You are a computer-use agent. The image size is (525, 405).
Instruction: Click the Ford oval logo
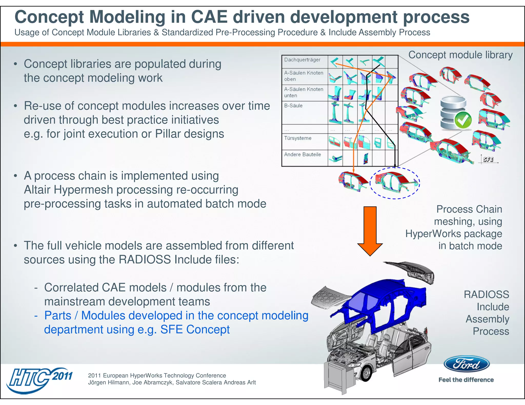tap(466, 364)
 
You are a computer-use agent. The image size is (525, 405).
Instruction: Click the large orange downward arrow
tap(370, 230)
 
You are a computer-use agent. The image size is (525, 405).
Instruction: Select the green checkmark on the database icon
tap(463, 120)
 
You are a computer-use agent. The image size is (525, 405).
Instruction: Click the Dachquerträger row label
tap(302, 60)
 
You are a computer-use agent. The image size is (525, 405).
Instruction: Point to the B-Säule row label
tap(293, 106)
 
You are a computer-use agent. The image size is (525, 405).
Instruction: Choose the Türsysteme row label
tap(298, 138)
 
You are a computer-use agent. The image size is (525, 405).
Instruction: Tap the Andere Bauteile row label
tap(302, 155)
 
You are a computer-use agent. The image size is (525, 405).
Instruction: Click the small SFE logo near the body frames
tap(488, 159)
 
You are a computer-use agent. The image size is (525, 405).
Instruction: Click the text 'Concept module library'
tap(460, 55)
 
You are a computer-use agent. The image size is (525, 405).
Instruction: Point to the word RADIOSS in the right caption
tap(486, 295)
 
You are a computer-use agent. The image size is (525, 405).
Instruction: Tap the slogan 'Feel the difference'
tap(466, 380)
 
